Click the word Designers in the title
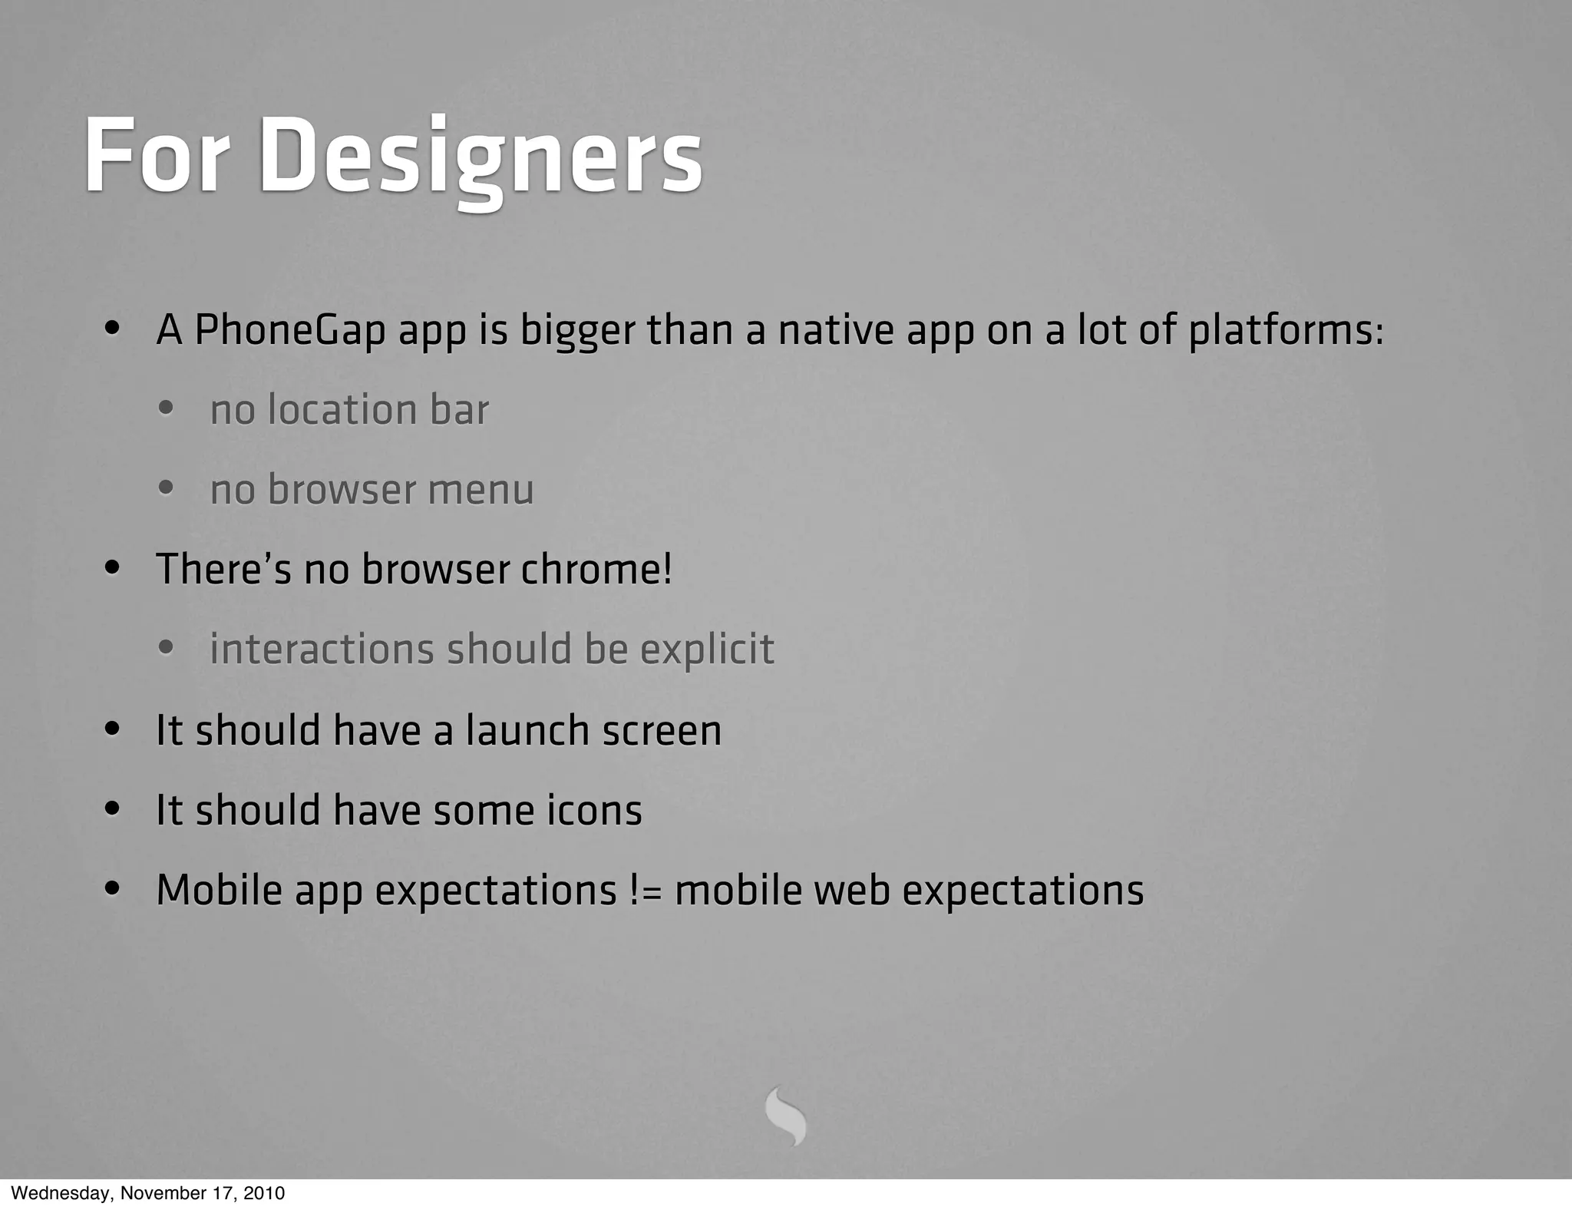(x=481, y=156)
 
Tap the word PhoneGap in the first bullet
(x=289, y=330)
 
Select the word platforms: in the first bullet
(x=1286, y=330)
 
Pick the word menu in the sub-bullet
(x=481, y=490)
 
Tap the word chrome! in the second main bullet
(x=596, y=569)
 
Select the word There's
(x=223, y=569)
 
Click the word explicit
(x=707, y=650)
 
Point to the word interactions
(x=322, y=650)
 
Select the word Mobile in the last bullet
(x=219, y=891)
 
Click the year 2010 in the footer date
(x=265, y=1193)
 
